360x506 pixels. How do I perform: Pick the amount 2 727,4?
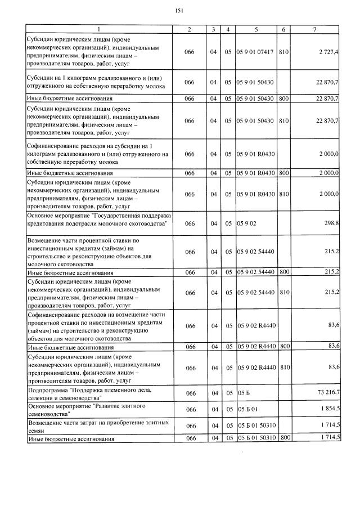click(328, 52)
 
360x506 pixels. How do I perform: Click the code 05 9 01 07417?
click(256, 52)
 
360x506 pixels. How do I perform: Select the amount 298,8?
click(331, 223)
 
